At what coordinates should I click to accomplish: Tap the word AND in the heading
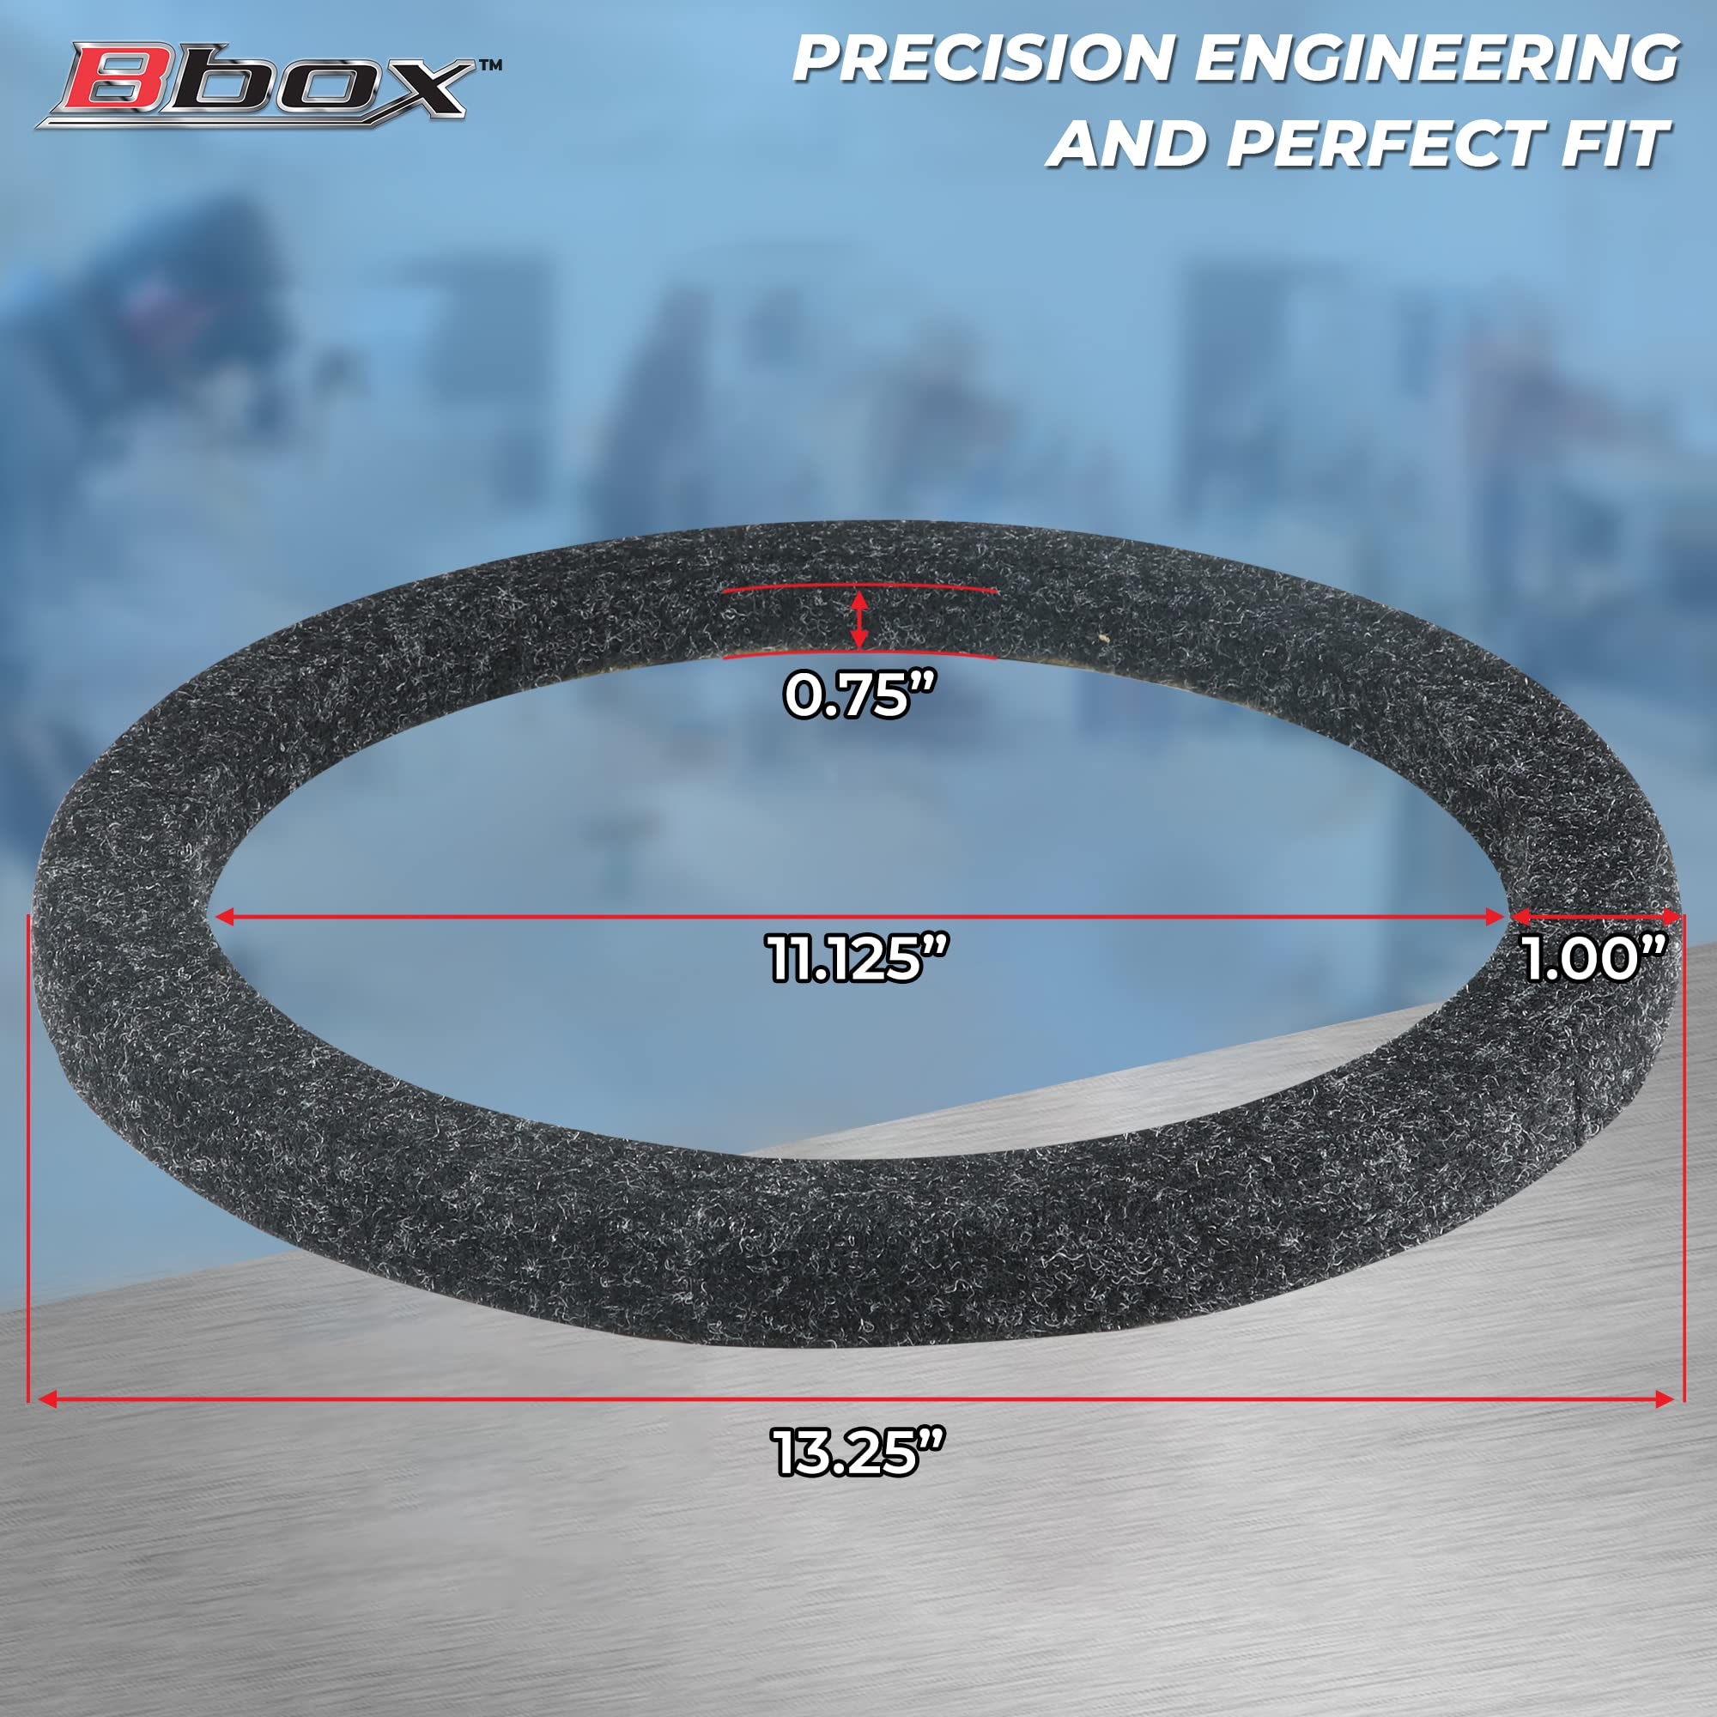tap(1129, 144)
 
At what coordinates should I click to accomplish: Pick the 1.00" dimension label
tap(1592, 960)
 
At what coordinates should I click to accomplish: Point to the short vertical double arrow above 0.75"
tap(858, 620)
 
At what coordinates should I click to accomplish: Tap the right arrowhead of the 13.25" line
tap(1663, 1399)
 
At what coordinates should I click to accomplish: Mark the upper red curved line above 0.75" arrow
tap(858, 586)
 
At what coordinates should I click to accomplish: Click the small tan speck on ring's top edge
tap(1104, 636)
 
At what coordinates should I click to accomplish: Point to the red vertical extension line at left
tap(29, 1156)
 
